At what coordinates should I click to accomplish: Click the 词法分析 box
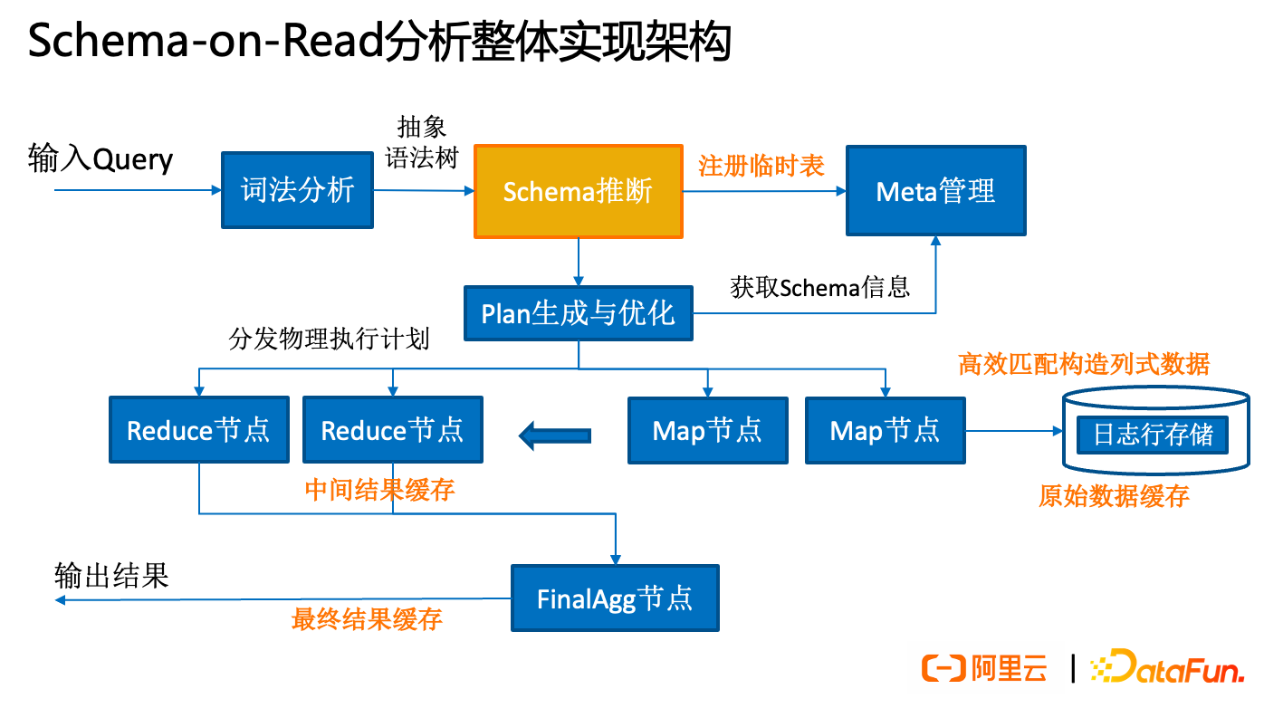pos(297,190)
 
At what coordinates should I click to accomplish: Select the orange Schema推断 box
pos(578,192)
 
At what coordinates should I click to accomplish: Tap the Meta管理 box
pos(935,191)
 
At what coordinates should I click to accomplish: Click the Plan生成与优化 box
pos(578,313)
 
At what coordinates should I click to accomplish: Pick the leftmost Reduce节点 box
pos(198,429)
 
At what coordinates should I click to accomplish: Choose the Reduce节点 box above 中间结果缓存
pos(392,429)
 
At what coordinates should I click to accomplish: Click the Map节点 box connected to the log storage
pos(885,430)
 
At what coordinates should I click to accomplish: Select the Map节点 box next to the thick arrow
pos(707,430)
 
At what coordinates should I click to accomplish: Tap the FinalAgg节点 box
pos(615,598)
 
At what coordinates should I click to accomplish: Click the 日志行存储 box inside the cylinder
pos(1153,435)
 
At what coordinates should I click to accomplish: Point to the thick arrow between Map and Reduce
pos(555,436)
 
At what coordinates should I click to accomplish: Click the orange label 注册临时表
pos(761,166)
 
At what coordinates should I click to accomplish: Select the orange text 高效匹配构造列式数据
pos(1084,364)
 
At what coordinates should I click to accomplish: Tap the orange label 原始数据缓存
pos(1114,496)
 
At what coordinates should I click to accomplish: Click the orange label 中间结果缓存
pos(379,490)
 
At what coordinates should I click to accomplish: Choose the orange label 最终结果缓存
pos(367,619)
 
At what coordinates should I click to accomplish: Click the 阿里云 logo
pos(985,668)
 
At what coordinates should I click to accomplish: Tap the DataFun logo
pos(1167,668)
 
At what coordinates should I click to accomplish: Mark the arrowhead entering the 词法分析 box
pos(216,190)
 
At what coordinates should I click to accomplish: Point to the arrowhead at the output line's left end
pos(60,599)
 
